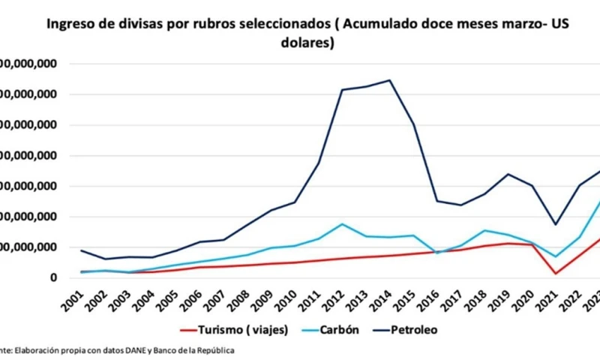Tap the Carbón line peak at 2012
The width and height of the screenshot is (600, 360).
click(342, 224)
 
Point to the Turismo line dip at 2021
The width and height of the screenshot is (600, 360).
click(556, 273)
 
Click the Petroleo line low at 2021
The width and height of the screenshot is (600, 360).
click(556, 224)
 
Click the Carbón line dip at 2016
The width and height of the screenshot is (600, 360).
click(436, 253)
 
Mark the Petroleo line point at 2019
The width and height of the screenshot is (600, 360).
click(508, 174)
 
